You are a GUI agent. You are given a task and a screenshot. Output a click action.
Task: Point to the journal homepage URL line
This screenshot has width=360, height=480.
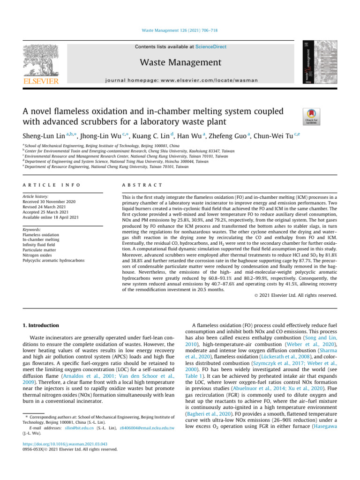point(180,80)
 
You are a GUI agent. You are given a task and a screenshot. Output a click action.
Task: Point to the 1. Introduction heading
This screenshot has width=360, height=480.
point(39,325)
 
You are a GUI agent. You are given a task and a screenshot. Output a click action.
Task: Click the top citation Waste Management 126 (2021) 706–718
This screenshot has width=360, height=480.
point(180,31)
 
